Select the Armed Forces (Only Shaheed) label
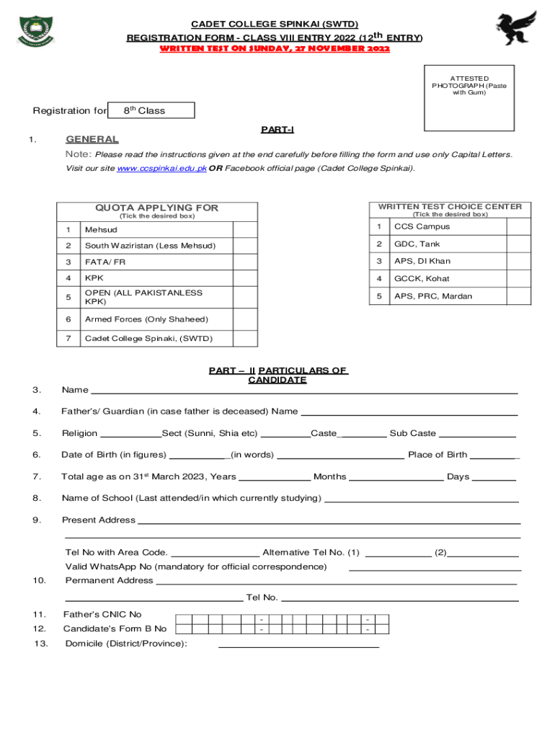tap(146, 319)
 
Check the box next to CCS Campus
tap(518, 226)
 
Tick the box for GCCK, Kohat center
tap(518, 278)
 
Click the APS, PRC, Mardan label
tap(432, 296)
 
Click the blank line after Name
tap(303, 391)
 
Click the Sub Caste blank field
tap(477, 434)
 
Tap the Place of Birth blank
tap(494, 455)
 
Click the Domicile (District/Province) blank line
tap(298, 644)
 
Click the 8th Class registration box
tap(151, 110)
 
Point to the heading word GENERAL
tap(92, 139)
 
